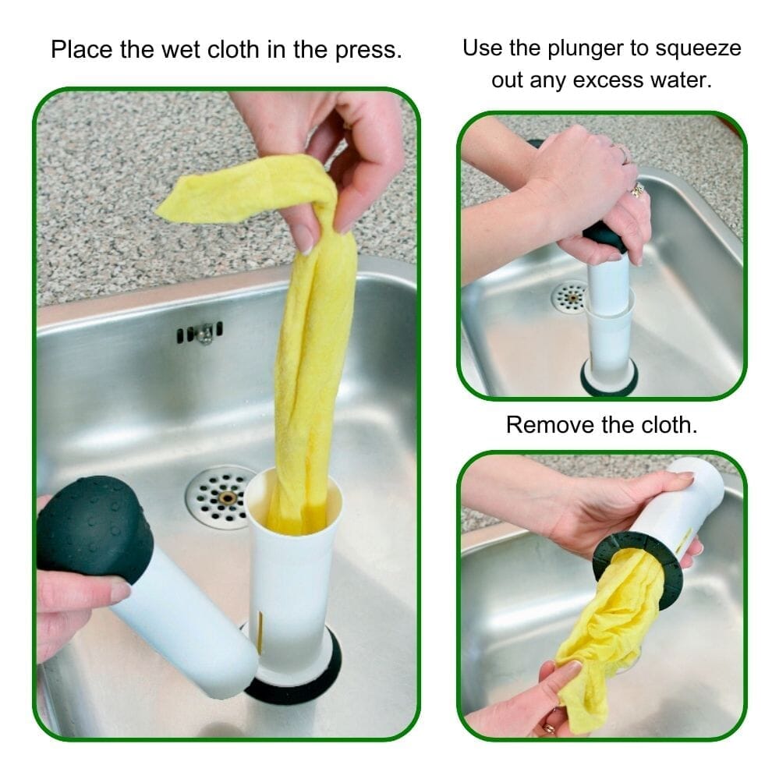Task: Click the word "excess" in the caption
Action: point(611,79)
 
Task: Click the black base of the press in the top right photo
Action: point(608,380)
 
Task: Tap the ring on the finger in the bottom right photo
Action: point(548,729)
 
